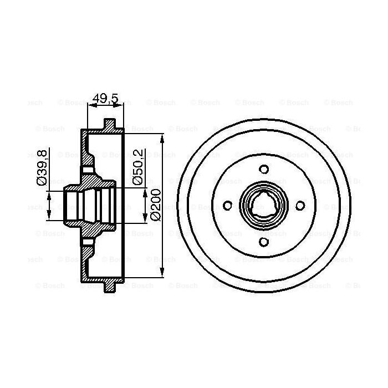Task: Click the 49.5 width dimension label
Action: (105, 99)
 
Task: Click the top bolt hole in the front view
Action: (264, 169)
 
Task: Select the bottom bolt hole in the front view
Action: (264, 241)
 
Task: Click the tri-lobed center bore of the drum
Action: (263, 205)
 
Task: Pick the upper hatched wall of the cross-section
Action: (86, 150)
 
